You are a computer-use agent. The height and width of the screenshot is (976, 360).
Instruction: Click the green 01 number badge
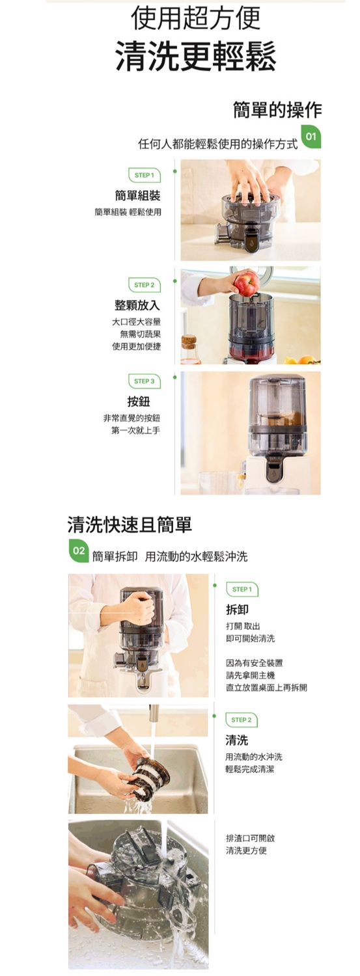311,137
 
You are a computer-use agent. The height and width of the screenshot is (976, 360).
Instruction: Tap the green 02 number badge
78,550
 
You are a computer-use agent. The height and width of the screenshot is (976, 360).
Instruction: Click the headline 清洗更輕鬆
195,57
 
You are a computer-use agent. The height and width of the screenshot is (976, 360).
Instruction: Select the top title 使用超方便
195,18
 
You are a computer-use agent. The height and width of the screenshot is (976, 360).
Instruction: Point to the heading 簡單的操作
277,109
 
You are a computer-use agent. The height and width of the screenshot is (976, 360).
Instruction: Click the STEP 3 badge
144,381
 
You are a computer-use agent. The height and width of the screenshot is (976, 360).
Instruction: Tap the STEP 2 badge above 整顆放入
144,285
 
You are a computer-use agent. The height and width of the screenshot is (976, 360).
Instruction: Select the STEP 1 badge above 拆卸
242,590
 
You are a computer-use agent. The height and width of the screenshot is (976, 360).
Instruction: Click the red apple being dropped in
246,284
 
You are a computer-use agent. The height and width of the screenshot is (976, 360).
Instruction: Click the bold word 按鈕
143,401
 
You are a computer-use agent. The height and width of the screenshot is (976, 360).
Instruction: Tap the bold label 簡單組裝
137,195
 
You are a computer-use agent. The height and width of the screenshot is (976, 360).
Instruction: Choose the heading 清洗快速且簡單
130,524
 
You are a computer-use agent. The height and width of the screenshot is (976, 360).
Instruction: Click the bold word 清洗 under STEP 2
236,740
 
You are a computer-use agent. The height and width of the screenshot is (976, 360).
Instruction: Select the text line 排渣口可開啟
250,838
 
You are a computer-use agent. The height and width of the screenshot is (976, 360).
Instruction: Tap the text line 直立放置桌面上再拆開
266,688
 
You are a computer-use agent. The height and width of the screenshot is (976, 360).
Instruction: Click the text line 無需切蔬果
140,334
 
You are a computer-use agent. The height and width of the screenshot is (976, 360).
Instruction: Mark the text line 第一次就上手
135,431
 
